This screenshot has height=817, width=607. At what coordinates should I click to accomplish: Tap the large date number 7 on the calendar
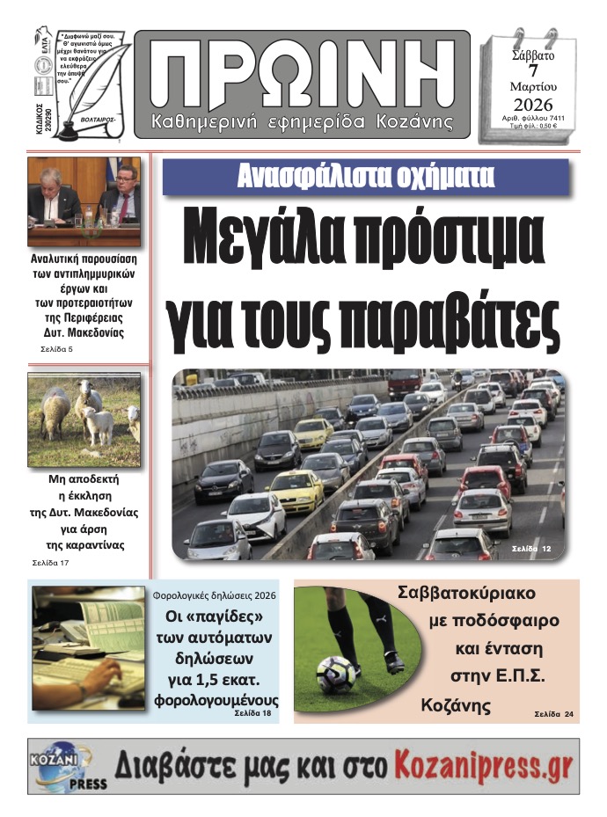click(532, 72)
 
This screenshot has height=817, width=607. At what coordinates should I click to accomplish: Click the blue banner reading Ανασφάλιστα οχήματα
click(365, 177)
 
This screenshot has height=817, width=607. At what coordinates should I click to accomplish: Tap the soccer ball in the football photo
click(336, 675)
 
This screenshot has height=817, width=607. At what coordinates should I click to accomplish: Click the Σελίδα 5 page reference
click(58, 349)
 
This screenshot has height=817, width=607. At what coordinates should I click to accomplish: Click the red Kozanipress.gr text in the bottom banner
click(483, 766)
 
